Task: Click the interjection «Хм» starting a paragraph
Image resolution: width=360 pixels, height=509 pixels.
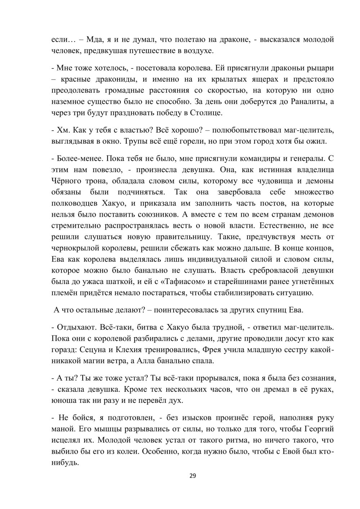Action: [61, 130]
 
